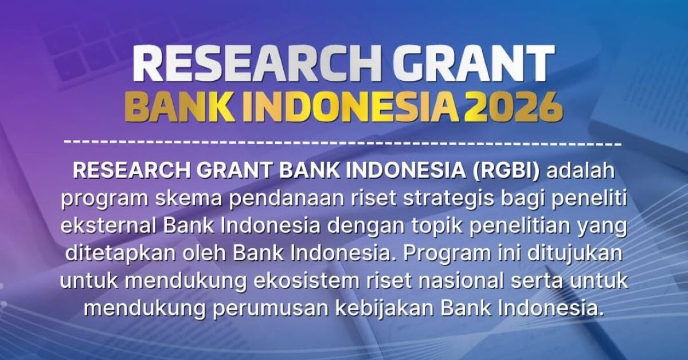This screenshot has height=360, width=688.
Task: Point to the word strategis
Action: click(x=451, y=198)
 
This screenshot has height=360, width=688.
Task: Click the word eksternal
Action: click(x=108, y=225)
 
